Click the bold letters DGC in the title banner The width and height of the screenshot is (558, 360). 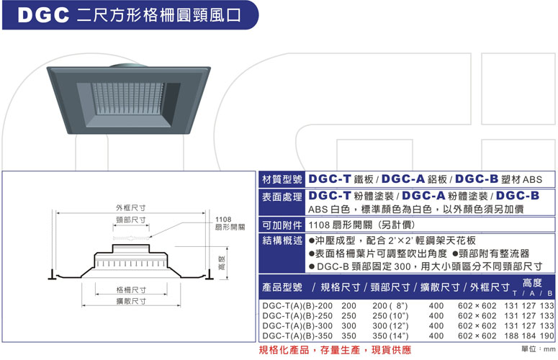(x=43, y=15)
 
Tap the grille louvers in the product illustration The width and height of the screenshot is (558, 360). (x=128, y=99)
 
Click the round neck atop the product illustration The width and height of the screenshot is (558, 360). (x=127, y=66)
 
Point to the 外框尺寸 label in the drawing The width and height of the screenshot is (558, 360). (x=130, y=208)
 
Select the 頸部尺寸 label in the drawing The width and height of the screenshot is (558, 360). (x=130, y=220)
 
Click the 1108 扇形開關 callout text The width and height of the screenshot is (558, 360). (x=230, y=223)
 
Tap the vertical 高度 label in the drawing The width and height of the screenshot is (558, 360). (x=221, y=263)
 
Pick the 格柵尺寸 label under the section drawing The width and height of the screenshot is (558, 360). (x=131, y=290)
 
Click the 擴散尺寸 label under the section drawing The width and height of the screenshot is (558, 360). (x=131, y=301)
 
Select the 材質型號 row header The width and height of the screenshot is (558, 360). (x=282, y=179)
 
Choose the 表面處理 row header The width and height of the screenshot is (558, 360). (x=282, y=197)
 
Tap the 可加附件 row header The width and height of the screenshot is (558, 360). (x=282, y=225)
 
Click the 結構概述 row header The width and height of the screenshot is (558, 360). (x=282, y=240)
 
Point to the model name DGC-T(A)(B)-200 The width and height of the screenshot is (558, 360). (x=297, y=306)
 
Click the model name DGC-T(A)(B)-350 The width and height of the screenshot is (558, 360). (x=297, y=336)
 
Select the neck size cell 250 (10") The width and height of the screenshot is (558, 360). (x=390, y=316)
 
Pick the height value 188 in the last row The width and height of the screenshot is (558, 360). (x=511, y=336)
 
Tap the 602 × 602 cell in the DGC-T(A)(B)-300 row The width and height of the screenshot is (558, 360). (x=477, y=326)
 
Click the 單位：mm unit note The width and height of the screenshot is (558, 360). (x=539, y=349)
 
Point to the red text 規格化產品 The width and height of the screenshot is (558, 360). (x=284, y=350)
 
